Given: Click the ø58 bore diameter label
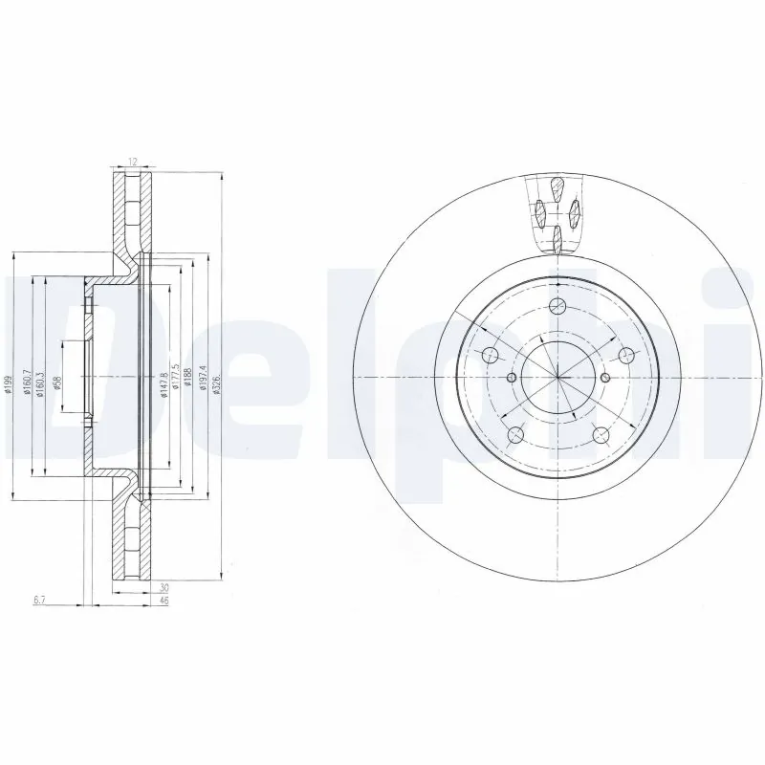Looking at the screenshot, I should click(x=58, y=382).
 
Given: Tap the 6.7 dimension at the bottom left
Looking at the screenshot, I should click(x=39, y=599).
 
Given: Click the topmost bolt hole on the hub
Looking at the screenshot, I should click(x=557, y=306).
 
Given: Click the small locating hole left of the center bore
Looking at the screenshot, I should click(x=511, y=377).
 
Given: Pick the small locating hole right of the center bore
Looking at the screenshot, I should click(x=605, y=377).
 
